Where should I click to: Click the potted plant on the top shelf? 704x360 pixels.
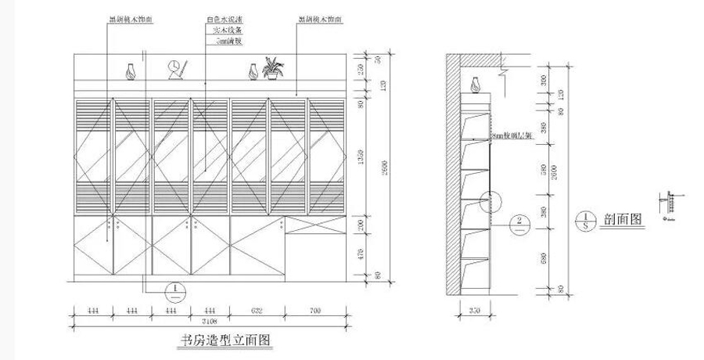[273, 68]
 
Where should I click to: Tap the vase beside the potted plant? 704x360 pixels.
[253, 71]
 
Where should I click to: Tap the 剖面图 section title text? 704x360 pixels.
[623, 219]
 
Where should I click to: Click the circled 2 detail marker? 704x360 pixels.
[519, 221]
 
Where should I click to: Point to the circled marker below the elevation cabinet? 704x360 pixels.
[177, 292]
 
